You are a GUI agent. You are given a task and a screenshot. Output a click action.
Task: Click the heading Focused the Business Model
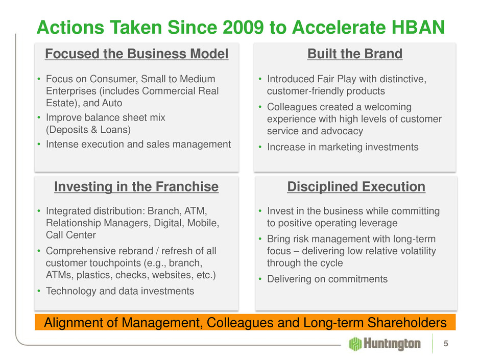click(136, 54)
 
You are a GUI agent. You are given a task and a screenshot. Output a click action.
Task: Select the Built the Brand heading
click(355, 54)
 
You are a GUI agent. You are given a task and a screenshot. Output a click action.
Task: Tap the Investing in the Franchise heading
click(136, 187)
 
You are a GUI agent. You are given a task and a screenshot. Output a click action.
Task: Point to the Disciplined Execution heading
click(356, 187)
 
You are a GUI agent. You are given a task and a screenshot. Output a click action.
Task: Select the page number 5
click(446, 344)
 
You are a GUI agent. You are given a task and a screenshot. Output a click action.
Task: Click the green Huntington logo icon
click(355, 344)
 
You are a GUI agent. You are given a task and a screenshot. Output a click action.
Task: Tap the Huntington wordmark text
click(392, 344)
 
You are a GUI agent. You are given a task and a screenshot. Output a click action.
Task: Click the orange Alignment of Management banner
click(245, 322)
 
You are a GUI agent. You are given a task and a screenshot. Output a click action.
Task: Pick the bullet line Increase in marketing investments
click(343, 147)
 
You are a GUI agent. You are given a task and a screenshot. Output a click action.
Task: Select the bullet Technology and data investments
click(120, 291)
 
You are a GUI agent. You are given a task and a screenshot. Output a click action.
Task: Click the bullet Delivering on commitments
click(327, 279)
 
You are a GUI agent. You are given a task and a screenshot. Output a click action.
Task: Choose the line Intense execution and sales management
click(138, 144)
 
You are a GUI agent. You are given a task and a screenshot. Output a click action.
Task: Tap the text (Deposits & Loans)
click(88, 130)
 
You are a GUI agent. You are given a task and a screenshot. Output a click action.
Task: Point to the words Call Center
click(70, 235)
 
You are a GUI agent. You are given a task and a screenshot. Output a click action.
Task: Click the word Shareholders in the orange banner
click(407, 323)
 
